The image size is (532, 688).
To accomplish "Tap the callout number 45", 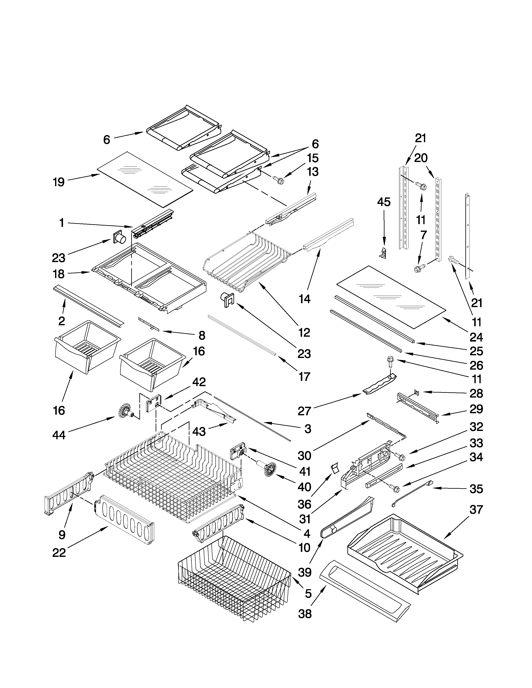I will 383,202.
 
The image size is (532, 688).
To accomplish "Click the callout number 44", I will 59,435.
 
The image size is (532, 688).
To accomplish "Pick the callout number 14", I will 304,299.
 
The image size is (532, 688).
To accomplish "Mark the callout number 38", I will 305,614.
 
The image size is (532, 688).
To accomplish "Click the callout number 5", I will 308,594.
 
